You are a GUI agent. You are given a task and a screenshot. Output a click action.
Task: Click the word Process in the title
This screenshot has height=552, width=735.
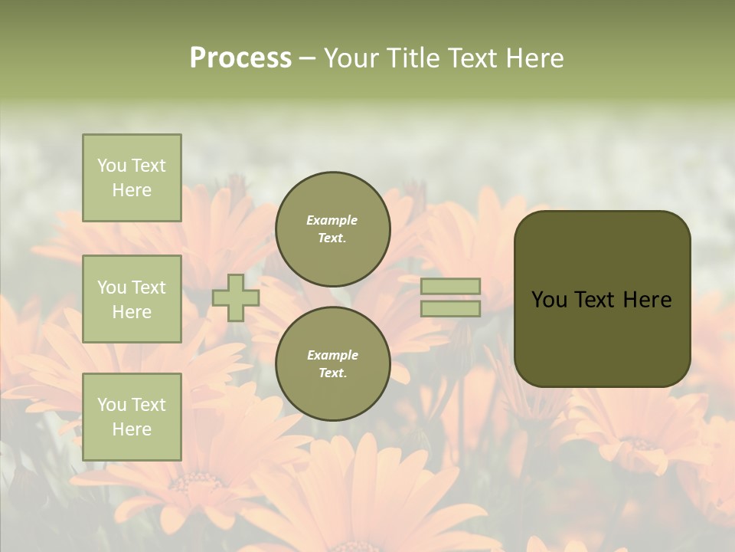(x=240, y=58)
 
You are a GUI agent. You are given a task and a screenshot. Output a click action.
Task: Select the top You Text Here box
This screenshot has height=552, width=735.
(x=132, y=178)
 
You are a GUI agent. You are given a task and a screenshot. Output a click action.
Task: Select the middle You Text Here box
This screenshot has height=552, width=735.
(x=132, y=299)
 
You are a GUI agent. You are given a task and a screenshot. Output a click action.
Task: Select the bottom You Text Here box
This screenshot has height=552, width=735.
(x=132, y=417)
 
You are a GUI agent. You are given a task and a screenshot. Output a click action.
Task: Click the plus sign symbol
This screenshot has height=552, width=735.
(x=236, y=297)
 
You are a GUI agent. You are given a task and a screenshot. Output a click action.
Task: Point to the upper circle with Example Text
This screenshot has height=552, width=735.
(x=333, y=229)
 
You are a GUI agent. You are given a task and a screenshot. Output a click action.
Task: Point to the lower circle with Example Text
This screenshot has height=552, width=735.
(x=333, y=364)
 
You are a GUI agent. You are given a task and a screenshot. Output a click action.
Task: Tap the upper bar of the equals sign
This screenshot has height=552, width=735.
(x=451, y=286)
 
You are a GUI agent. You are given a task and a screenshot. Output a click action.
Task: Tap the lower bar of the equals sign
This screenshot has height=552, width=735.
(x=451, y=308)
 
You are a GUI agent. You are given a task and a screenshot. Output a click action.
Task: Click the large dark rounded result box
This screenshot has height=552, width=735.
(x=602, y=337)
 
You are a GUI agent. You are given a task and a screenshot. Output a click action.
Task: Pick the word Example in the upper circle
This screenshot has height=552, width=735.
(x=332, y=220)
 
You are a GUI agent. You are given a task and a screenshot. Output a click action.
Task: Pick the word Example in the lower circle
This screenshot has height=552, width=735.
(x=332, y=355)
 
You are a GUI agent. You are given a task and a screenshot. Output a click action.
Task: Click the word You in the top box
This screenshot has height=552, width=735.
(x=112, y=166)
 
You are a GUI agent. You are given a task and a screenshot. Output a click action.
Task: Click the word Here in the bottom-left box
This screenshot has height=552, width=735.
(x=132, y=429)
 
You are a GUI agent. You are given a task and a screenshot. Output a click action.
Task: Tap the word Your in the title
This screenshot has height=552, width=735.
(x=352, y=58)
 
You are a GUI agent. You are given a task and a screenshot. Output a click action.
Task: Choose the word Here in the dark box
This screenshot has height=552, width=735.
(x=647, y=300)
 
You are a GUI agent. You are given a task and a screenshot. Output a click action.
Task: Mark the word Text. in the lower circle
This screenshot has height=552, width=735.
(x=332, y=373)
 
